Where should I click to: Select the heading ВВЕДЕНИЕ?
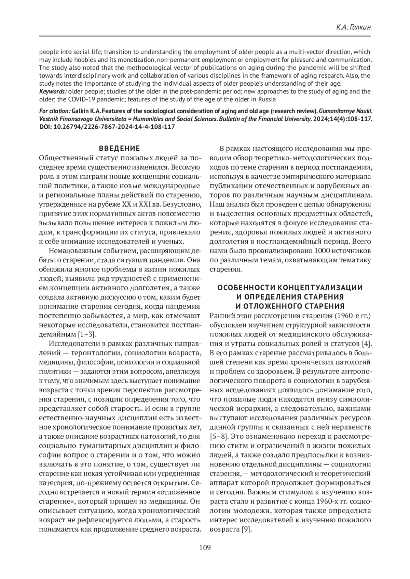(120, 148)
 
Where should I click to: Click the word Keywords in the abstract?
(53, 91)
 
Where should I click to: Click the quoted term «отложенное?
(178, 492)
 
